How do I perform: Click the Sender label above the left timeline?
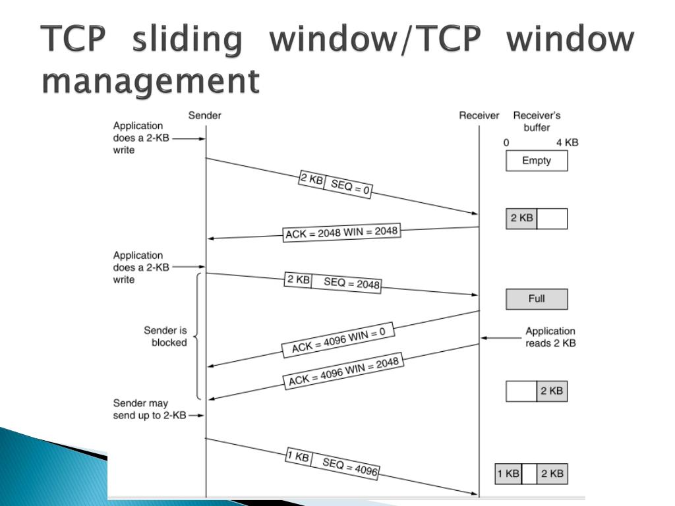(x=205, y=116)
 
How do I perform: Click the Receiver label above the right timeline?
(x=479, y=116)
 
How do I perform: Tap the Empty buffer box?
(x=537, y=161)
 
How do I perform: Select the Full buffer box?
(x=537, y=299)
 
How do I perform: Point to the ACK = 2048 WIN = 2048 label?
(x=342, y=233)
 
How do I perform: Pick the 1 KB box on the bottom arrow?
(x=298, y=457)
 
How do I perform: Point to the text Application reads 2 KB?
(x=550, y=337)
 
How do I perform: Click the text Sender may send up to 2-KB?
(x=150, y=409)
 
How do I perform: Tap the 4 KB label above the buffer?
(x=567, y=142)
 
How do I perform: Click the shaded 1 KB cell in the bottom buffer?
(x=508, y=474)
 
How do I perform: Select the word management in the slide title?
(x=151, y=81)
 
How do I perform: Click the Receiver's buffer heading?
(x=537, y=122)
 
